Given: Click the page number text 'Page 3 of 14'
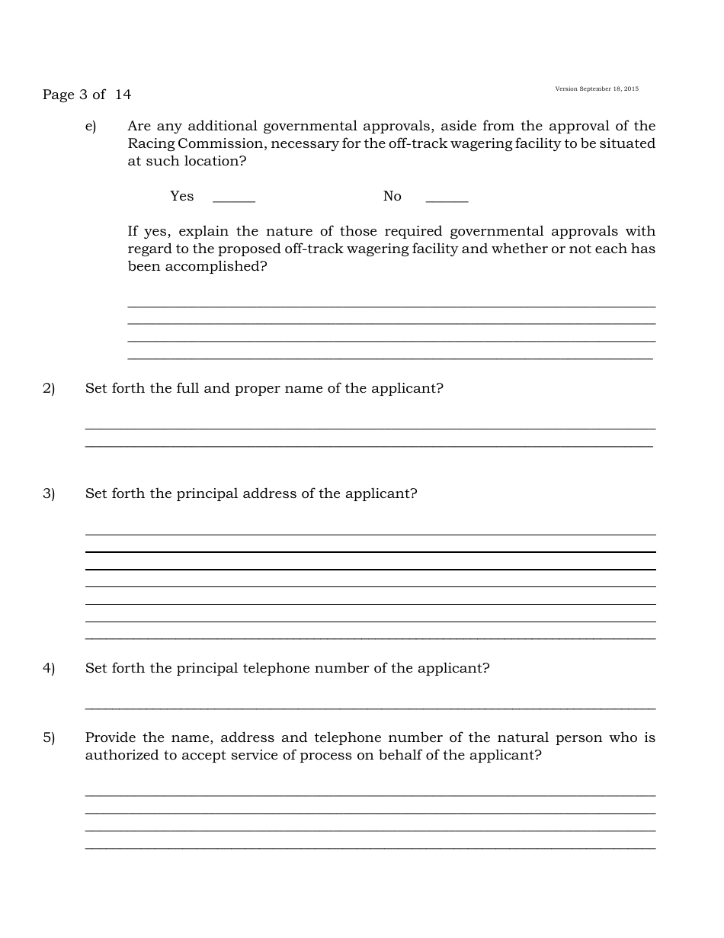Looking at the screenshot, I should click(x=87, y=95).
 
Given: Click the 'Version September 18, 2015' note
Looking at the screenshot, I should click(x=597, y=89).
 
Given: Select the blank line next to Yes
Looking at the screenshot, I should click(x=234, y=199).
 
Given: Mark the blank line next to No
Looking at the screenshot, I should click(x=447, y=199).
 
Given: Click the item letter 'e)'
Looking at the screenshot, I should click(x=91, y=127).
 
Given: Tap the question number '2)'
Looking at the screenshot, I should click(x=49, y=389).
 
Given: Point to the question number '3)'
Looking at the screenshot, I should click(x=49, y=494).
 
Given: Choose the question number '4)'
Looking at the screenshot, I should click(x=49, y=669).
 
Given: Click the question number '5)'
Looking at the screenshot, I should click(x=49, y=738).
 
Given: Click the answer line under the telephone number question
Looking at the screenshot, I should click(x=370, y=708).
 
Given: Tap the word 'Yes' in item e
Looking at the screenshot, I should click(x=182, y=197).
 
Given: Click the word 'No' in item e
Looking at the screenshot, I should click(x=392, y=197).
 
